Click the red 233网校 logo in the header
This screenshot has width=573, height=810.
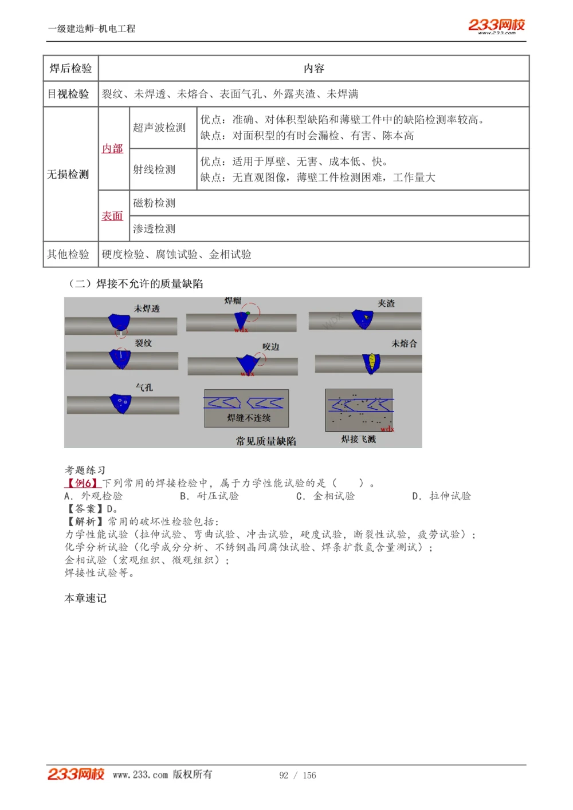pyautogui.click(x=496, y=25)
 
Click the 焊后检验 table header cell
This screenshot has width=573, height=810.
pyautogui.click(x=70, y=69)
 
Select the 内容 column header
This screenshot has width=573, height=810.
pyautogui.click(x=313, y=69)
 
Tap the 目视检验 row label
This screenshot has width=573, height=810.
pyautogui.click(x=68, y=94)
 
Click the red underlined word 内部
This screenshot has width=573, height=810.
pyautogui.click(x=112, y=149)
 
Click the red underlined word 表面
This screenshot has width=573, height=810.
pyautogui.click(x=112, y=216)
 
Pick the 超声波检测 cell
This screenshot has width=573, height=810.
pyautogui.click(x=159, y=128)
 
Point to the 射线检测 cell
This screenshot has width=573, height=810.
pyautogui.click(x=154, y=169)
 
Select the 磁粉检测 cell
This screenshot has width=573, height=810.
pyautogui.click(x=154, y=203)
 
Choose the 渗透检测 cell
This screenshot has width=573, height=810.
pyautogui.click(x=154, y=229)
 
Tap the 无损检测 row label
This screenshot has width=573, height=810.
pyautogui.click(x=68, y=174)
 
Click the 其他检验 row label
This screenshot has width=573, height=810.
pyautogui.click(x=68, y=254)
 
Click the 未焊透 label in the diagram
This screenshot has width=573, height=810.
pyautogui.click(x=147, y=309)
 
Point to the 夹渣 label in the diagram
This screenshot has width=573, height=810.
pyautogui.click(x=386, y=303)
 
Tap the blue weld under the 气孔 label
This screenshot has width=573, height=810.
pyautogui.click(x=121, y=403)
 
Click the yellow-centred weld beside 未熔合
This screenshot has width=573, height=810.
pyautogui.click(x=371, y=363)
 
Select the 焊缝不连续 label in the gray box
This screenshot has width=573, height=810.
pyautogui.click(x=249, y=418)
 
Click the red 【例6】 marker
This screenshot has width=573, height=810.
pyautogui.click(x=83, y=483)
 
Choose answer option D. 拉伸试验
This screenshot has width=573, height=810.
pyautogui.click(x=442, y=496)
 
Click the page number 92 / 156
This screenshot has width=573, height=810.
pyautogui.click(x=297, y=775)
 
